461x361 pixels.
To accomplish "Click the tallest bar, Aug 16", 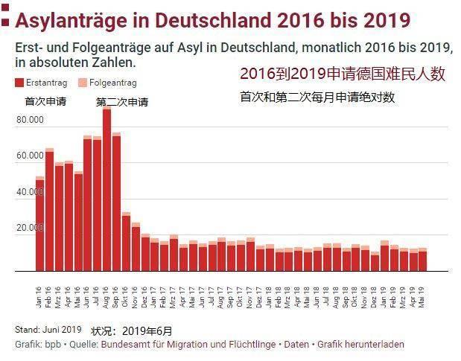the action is click(x=106, y=188).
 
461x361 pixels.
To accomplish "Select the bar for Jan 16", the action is click(x=39, y=224).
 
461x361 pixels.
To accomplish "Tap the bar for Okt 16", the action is click(x=126, y=241).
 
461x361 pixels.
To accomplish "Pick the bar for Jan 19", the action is click(x=384, y=255).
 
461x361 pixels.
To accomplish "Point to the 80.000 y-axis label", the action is click(x=30, y=120).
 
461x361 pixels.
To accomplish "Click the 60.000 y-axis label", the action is click(x=30, y=156).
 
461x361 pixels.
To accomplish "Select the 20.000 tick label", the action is click(x=30, y=228).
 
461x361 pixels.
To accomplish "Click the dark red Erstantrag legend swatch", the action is click(x=19, y=83).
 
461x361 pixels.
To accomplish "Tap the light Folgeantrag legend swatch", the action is click(x=83, y=83).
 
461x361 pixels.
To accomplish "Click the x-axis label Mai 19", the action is click(x=422, y=297).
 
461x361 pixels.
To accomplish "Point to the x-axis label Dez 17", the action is click(x=259, y=297).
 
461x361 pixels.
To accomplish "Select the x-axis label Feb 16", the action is click(x=48, y=297).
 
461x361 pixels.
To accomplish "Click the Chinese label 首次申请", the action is click(x=45, y=101).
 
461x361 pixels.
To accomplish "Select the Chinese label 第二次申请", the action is click(x=122, y=102).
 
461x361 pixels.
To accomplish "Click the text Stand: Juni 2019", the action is click(x=48, y=330).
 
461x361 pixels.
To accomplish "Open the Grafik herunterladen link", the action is click(x=360, y=345).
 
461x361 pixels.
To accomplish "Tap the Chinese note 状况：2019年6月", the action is click(x=131, y=331).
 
